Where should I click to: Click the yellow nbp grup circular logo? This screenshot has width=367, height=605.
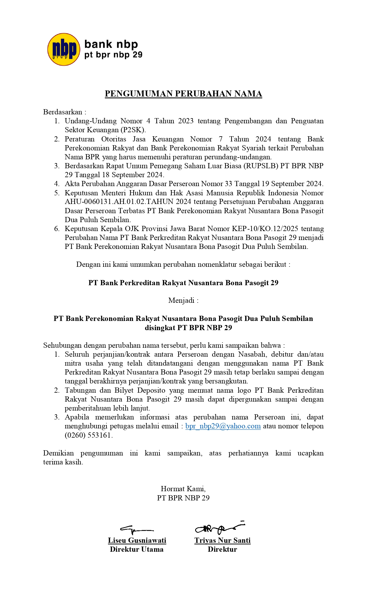pyautogui.click(x=64, y=49)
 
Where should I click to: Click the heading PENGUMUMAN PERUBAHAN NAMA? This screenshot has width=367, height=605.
pyautogui.click(x=183, y=94)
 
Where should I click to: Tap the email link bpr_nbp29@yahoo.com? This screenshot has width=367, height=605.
pyautogui.click(x=223, y=426)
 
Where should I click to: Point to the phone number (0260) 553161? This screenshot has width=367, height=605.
pyautogui.click(x=88, y=435)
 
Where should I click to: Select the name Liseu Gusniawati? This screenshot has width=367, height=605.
pyautogui.click(x=137, y=540)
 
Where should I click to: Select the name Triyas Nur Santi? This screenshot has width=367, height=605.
pyautogui.click(x=222, y=540)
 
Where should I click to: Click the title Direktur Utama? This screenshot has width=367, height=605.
pyautogui.click(x=136, y=549)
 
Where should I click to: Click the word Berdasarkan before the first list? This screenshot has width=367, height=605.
pyautogui.click(x=63, y=112)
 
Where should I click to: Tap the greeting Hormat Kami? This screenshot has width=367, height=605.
pyautogui.click(x=183, y=489)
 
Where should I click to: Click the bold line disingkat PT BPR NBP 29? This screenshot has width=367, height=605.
pyautogui.click(x=188, y=328)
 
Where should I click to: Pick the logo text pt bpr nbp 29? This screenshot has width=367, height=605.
pyautogui.click(x=113, y=55)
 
